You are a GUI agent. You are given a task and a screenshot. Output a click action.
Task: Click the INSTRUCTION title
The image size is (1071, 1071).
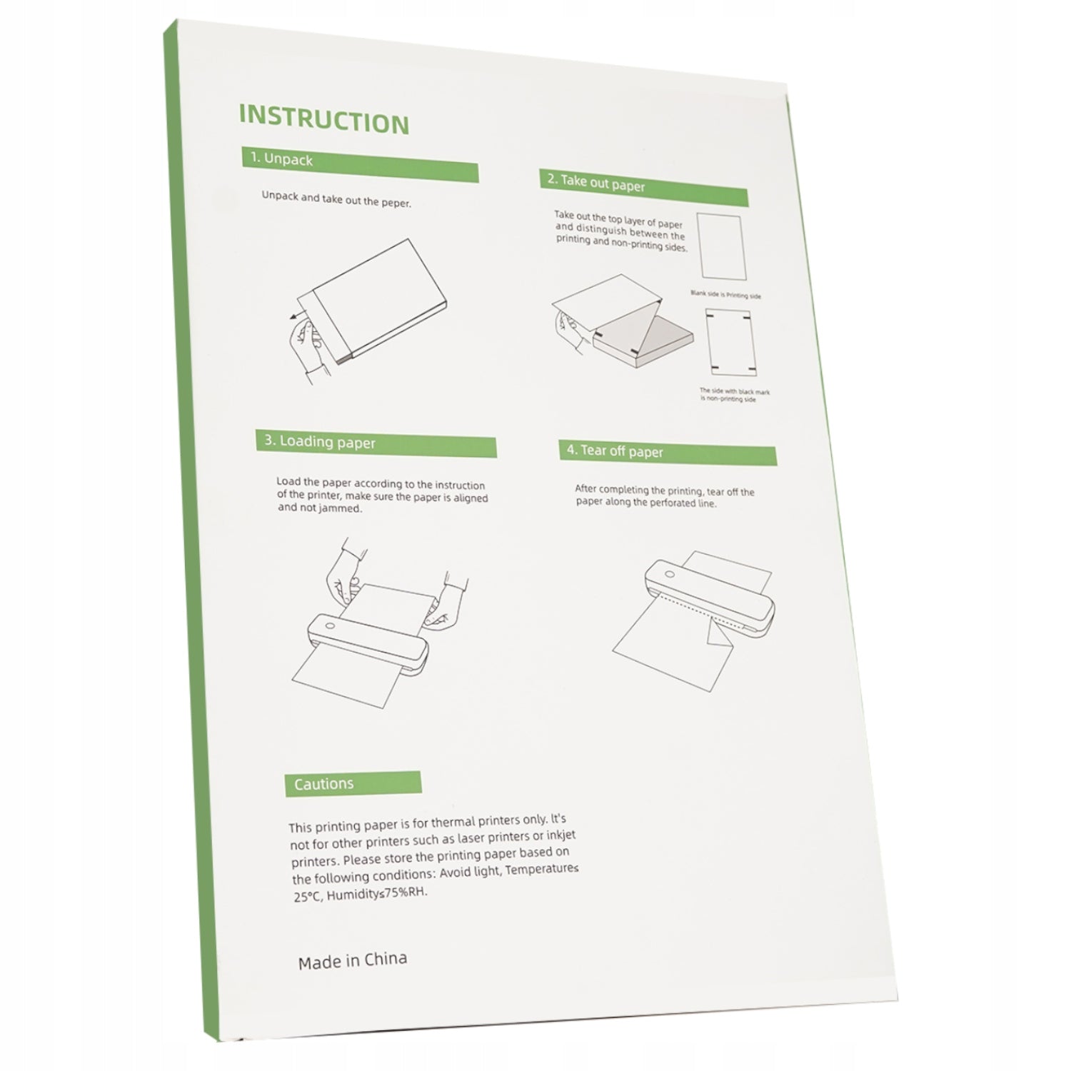[x=324, y=119]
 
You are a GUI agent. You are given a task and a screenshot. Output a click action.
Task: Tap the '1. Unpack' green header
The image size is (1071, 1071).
[x=360, y=165]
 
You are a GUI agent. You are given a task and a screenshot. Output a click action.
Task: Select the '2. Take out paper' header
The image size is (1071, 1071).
[x=643, y=187]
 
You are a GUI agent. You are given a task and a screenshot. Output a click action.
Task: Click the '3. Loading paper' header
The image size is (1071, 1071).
[x=376, y=443]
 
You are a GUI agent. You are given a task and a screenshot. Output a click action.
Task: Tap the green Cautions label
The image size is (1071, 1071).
[x=353, y=783]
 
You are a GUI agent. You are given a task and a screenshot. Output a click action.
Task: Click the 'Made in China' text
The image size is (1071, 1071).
[x=353, y=960]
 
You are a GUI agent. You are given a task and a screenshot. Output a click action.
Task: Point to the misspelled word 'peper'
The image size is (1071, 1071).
[x=396, y=203]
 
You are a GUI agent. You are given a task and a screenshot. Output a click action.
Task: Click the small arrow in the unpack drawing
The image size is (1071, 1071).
[x=296, y=315]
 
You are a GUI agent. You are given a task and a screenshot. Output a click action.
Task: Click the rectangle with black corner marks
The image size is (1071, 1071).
[x=730, y=342]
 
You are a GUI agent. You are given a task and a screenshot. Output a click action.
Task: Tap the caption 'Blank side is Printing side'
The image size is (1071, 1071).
[x=725, y=294]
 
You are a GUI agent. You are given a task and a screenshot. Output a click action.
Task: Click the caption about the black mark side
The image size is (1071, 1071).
[x=734, y=395]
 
